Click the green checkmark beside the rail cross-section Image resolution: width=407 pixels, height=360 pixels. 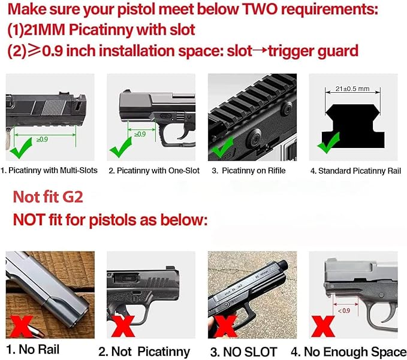pyautogui.click(x=328, y=143)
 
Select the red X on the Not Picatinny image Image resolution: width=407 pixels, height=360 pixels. pyautogui.click(x=122, y=327)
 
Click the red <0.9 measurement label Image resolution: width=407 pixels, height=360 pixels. pyautogui.click(x=344, y=310)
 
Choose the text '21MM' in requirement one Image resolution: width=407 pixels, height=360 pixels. pyautogui.click(x=40, y=31)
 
